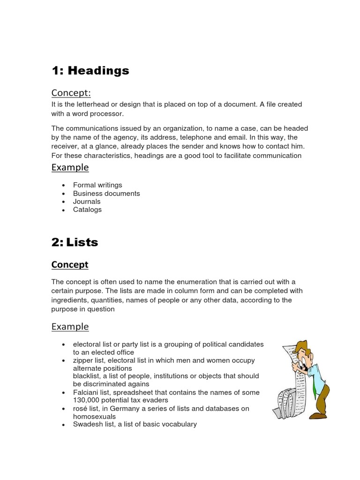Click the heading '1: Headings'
coord(90,71)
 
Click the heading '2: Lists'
coord(75,242)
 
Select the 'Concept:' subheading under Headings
coord(70,93)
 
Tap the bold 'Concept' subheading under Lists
coord(69,265)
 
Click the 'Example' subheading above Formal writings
coord(70,167)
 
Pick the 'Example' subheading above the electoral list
coord(70,327)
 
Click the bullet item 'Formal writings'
coord(97,185)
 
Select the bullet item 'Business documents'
coord(106,193)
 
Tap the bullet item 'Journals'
coord(87,202)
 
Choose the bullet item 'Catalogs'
coord(87,210)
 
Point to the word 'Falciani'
coord(86,392)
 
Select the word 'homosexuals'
coord(93,416)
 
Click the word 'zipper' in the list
coord(83,360)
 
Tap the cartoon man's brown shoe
coord(319,415)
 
